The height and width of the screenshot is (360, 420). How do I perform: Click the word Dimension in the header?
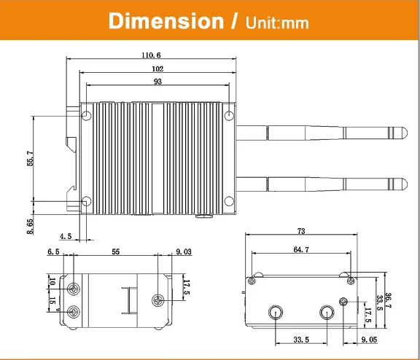tap(166, 21)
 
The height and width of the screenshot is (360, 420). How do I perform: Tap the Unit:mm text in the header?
tap(277, 23)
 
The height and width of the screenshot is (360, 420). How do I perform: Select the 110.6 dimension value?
tap(151, 55)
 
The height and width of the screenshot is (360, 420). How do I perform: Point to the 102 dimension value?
tap(157, 69)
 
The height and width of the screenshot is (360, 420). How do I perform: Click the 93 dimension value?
tap(157, 82)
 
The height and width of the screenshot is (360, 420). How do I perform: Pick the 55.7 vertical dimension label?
tap(31, 158)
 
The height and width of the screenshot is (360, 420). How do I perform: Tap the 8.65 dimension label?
tap(31, 227)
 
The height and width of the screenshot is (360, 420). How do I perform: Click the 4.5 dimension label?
tap(66, 236)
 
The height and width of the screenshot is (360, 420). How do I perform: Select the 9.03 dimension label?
tap(184, 251)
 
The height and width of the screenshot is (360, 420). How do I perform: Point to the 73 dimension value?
tap(301, 231)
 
